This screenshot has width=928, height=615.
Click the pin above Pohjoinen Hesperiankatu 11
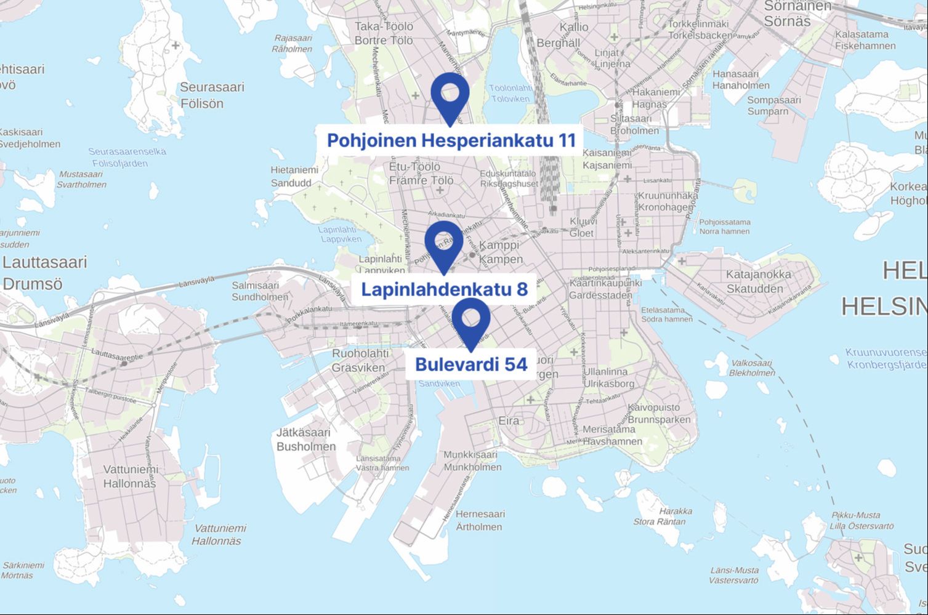click(450, 95)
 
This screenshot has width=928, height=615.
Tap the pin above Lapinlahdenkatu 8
click(443, 243)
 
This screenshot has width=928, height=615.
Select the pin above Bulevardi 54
click(471, 321)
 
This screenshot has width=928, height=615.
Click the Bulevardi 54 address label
click(471, 364)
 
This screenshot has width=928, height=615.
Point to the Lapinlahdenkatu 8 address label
click(444, 289)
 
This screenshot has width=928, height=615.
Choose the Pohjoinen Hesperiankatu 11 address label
click(451, 140)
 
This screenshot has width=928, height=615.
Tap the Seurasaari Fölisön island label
click(211, 95)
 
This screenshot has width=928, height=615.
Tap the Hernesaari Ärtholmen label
click(480, 520)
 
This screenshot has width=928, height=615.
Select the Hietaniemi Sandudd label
click(294, 176)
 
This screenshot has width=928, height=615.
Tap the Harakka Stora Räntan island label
click(668, 516)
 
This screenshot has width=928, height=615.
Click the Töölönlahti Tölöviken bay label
click(510, 93)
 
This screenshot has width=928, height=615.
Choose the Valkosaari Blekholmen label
click(751, 368)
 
